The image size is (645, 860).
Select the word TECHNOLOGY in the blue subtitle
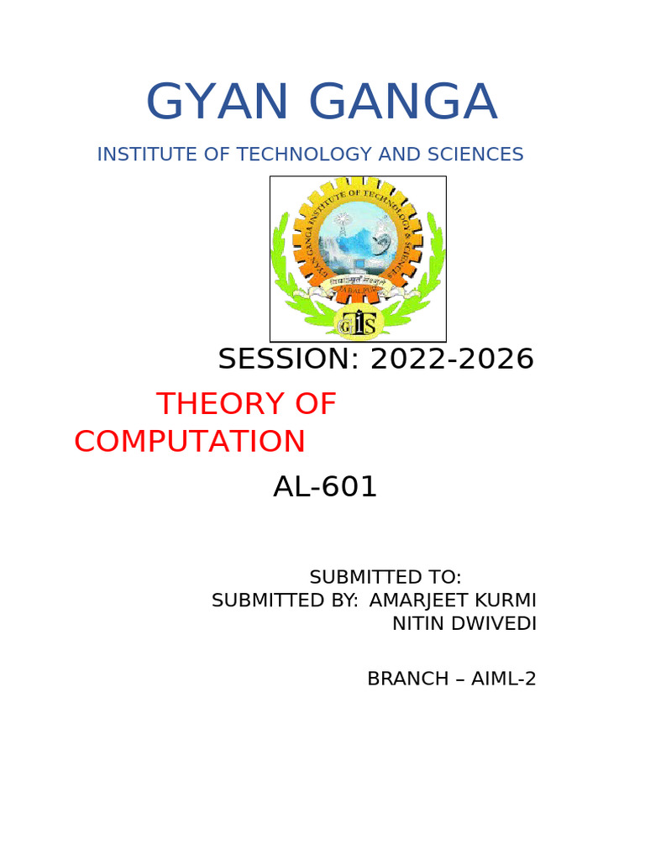(x=305, y=155)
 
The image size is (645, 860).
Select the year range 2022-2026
(x=452, y=359)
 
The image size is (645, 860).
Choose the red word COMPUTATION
(x=190, y=442)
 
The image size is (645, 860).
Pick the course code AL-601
(x=325, y=487)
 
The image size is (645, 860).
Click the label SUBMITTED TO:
(x=385, y=578)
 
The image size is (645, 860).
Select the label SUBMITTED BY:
(x=285, y=601)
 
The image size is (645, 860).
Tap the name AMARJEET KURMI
(x=453, y=601)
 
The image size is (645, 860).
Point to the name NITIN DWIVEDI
(x=464, y=624)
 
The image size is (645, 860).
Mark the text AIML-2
(x=503, y=679)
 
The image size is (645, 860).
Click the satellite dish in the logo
(x=380, y=227)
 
